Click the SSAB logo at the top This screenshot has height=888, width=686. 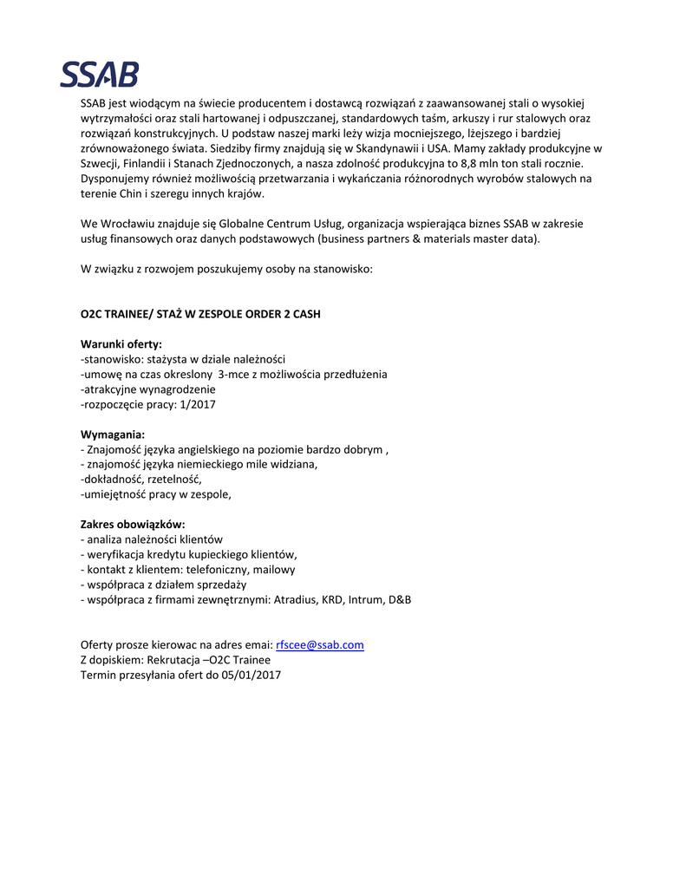pos(99,75)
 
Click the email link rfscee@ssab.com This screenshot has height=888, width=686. pos(319,644)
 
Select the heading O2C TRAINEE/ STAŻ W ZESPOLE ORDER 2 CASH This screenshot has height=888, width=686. pos(200,314)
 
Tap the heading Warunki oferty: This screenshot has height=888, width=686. pos(121,344)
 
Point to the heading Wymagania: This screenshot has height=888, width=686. pos(113,434)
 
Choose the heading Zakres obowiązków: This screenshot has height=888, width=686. pos(133,524)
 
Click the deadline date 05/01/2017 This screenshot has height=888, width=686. pos(252,674)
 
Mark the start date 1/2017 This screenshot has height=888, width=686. pos(199,404)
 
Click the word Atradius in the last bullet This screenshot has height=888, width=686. pos(297,599)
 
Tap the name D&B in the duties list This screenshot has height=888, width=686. pos(399,599)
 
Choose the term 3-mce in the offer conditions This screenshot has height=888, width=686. pos(235,374)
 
